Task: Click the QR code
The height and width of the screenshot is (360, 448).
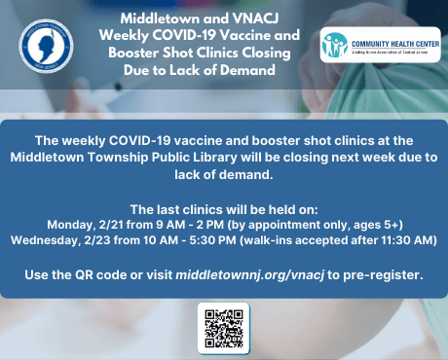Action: [224, 328]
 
